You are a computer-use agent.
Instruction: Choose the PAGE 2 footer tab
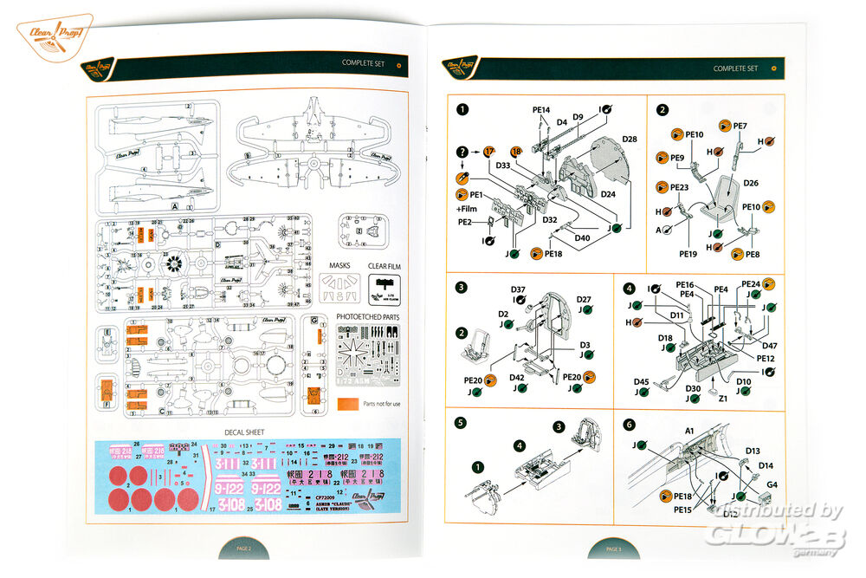(x=243, y=549)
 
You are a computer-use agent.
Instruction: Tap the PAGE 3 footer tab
(x=613, y=549)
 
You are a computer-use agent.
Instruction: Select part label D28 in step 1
(x=630, y=140)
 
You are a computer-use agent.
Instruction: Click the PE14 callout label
(x=541, y=110)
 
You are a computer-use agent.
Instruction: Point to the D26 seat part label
(x=751, y=183)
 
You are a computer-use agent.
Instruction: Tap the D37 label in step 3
(x=518, y=289)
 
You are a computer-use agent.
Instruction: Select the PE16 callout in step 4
(x=685, y=285)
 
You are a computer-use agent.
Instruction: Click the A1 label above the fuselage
(x=689, y=431)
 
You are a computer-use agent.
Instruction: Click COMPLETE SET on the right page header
(x=735, y=68)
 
